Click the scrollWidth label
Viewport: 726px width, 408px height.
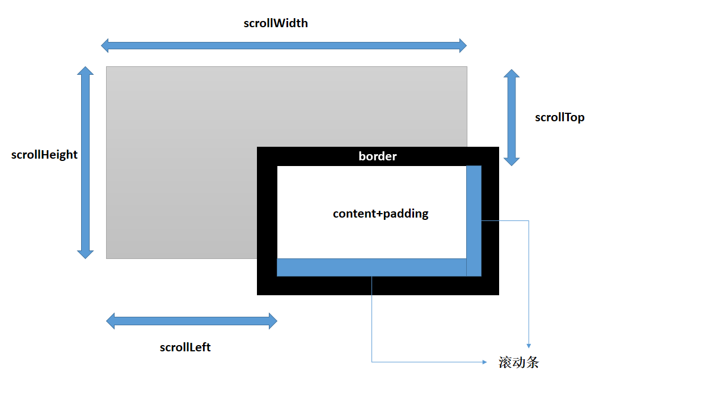[276, 23]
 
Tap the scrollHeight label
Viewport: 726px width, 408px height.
[44, 155]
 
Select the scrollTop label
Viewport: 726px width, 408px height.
[560, 117]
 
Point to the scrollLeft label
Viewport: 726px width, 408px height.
[185, 347]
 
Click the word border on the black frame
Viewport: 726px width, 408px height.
[378, 156]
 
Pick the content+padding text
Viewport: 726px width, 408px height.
[381, 214]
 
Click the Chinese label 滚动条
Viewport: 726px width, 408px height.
[519, 363]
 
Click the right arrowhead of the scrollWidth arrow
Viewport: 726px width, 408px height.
[462, 45]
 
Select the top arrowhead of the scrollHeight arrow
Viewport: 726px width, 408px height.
[85, 70]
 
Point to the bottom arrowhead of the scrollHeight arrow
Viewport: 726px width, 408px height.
[85, 254]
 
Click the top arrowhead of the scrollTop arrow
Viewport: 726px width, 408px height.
[512, 73]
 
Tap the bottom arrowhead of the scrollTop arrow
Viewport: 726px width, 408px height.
[512, 161]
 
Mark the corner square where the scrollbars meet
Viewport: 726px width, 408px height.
[474, 267]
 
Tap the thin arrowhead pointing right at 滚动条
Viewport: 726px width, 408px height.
[484, 362]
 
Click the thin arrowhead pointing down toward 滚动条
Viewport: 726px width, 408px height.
[529, 346]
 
